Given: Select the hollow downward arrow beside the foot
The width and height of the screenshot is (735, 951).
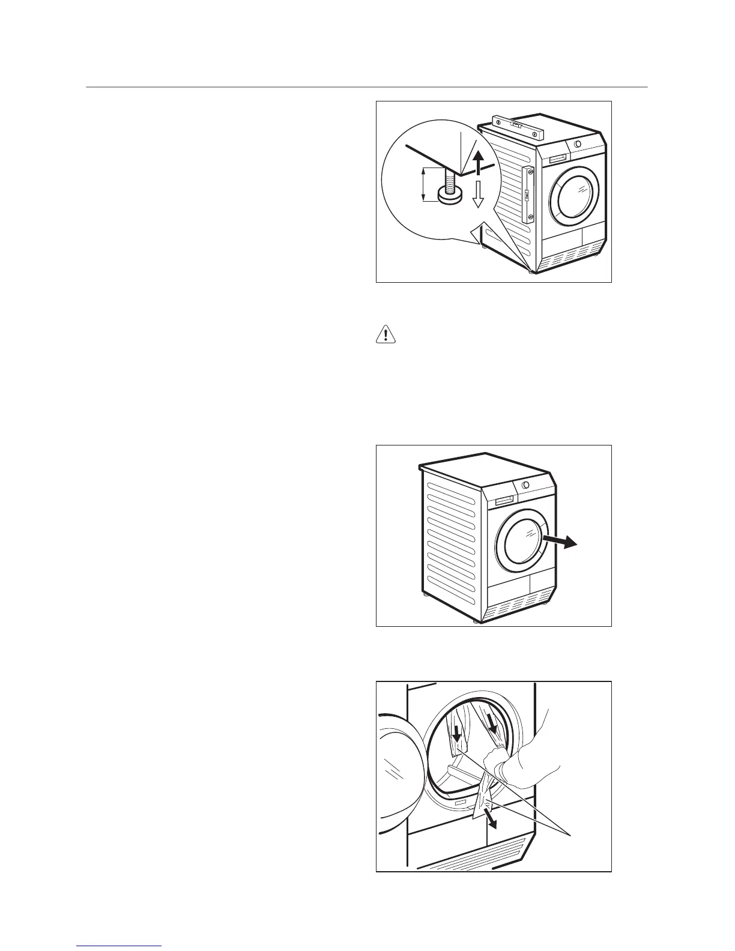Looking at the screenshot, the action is (477, 193).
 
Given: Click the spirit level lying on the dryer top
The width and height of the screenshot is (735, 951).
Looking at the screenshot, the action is (517, 126).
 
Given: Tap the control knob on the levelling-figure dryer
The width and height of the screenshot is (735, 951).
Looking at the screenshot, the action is (577, 144).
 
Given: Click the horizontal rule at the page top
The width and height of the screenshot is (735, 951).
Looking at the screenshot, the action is (367, 88).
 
